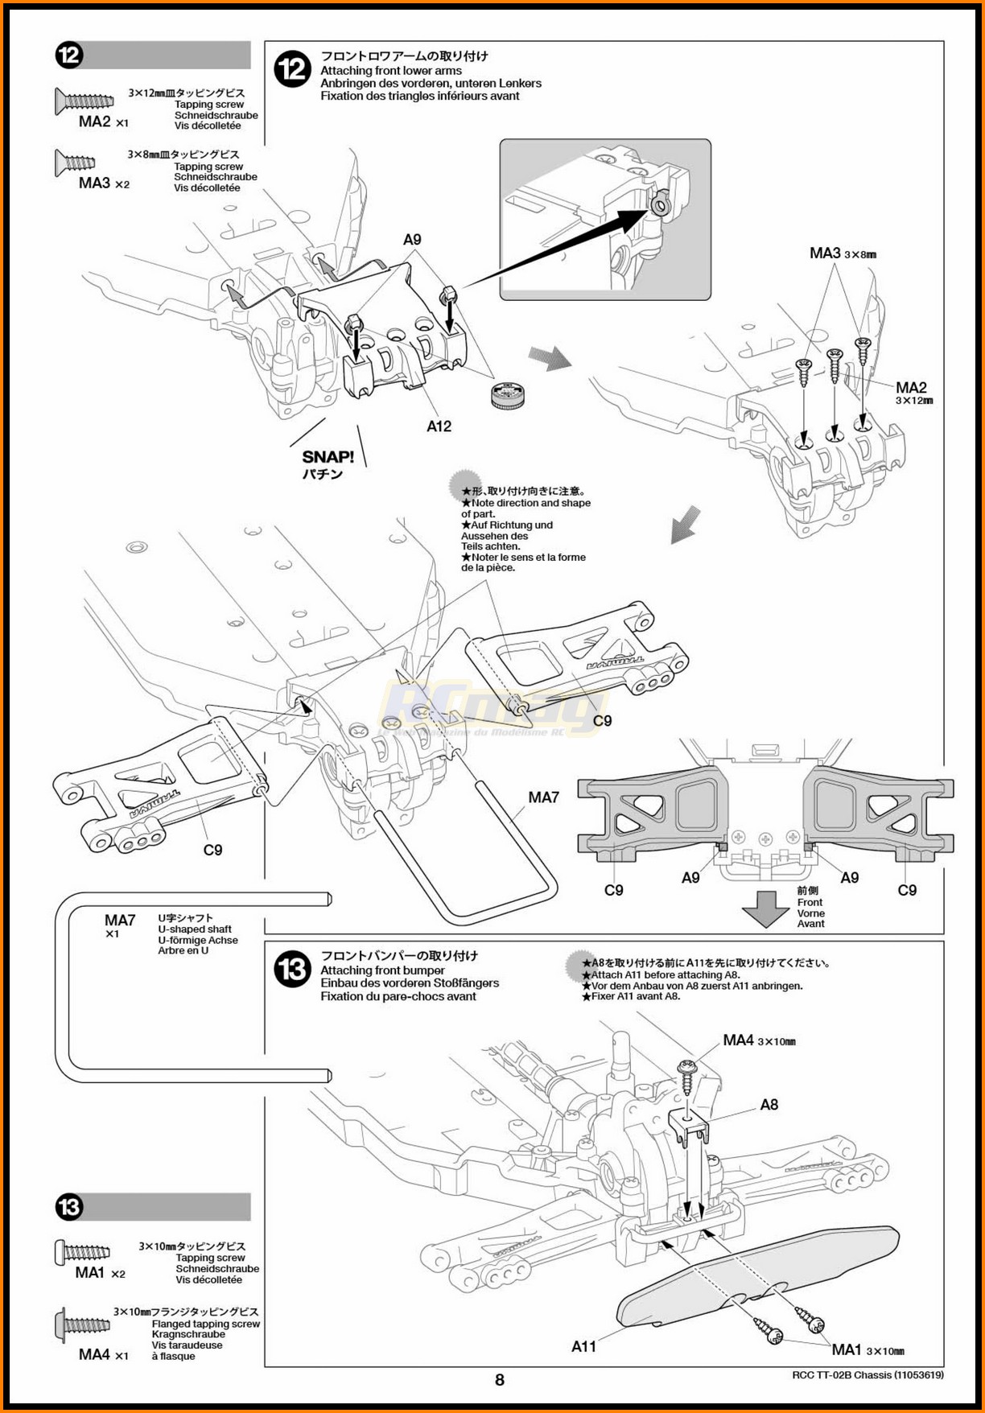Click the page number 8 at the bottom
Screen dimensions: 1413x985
pos(499,1380)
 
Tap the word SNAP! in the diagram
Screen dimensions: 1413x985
pos(328,457)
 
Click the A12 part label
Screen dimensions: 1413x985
pos(439,426)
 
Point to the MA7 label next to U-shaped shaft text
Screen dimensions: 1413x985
pos(120,920)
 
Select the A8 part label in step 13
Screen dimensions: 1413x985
pos(769,1105)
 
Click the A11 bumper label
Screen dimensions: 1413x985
pos(583,1346)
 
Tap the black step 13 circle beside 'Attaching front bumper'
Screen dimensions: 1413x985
pos(291,970)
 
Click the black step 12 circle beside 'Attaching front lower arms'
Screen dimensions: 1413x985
pos(291,69)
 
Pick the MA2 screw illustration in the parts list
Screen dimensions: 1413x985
pos(84,101)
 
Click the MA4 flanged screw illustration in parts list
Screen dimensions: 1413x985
pos(82,1324)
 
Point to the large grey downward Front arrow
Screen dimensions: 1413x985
pos(765,908)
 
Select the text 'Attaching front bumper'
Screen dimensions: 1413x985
pos(382,970)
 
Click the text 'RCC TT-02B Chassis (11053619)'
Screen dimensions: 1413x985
pos(868,1375)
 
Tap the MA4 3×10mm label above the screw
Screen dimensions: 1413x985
pos(758,1040)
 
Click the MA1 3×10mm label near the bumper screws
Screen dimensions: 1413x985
pos(868,1349)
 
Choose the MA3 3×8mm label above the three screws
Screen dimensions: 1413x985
pos(842,253)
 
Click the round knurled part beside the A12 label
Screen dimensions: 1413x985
pos(508,395)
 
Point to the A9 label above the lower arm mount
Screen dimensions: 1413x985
pos(411,240)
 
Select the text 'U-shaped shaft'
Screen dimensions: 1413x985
pos(195,929)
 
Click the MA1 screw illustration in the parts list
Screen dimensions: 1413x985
pos(82,1252)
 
